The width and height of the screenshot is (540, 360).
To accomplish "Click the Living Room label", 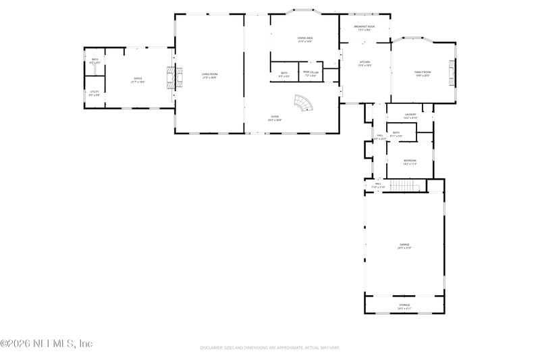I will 210,75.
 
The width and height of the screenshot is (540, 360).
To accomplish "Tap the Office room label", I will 137,80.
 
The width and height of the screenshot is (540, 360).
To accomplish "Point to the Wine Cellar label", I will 310,73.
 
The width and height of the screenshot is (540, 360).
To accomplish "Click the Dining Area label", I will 305,39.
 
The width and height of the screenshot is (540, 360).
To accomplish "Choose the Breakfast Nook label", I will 365,28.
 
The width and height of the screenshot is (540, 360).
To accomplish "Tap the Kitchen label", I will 364,63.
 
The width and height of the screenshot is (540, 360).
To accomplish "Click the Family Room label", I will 423,73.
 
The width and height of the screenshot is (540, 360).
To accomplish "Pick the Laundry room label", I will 410,116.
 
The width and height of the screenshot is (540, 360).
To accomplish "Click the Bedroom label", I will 410,161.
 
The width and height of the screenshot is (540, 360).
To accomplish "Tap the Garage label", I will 404,246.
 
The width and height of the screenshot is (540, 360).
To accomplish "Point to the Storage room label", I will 404,307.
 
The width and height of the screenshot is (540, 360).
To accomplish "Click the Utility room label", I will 94,93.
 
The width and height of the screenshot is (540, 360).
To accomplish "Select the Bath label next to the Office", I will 94,61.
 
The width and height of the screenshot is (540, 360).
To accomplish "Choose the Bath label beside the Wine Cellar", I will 283,74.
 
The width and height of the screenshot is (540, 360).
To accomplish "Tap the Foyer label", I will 275,118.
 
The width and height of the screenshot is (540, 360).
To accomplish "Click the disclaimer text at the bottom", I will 269,348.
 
